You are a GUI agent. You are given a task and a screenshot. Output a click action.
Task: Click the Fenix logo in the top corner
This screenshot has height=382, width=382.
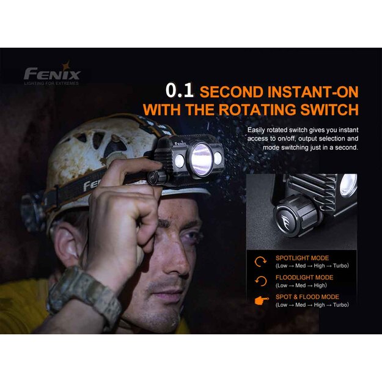(x=51, y=74)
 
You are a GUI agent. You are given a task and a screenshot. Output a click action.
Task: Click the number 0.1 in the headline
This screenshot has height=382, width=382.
(x=180, y=91)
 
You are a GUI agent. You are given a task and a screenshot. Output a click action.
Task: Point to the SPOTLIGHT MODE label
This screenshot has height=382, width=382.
(x=302, y=258)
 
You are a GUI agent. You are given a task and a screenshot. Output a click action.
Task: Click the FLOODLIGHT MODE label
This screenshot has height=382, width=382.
(x=304, y=277)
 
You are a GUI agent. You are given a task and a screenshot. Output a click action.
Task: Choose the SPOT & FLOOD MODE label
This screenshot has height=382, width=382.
(x=306, y=297)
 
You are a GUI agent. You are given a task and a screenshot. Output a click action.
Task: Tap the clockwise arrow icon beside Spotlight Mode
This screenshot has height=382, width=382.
(x=260, y=262)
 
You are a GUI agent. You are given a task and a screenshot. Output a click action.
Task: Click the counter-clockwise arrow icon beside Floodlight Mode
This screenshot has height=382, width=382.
(x=260, y=281)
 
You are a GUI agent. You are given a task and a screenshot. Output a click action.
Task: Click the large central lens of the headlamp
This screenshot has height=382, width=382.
(x=200, y=158)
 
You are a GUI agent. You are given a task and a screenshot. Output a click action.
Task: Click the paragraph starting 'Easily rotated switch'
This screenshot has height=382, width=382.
(x=303, y=139)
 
